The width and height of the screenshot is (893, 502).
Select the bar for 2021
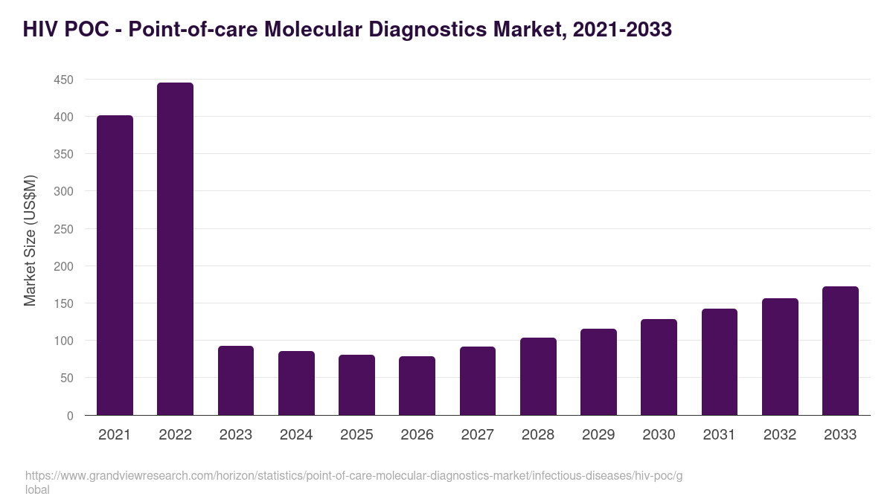(x=115, y=266)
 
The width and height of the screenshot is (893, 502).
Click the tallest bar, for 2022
(x=175, y=249)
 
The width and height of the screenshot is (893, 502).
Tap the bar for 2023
(x=236, y=381)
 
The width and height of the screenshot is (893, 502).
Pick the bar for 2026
(x=417, y=386)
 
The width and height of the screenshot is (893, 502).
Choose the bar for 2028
(x=538, y=376)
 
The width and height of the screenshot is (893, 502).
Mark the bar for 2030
(x=659, y=367)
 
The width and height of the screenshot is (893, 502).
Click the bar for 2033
(x=840, y=351)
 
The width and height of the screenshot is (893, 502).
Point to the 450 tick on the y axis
(x=64, y=80)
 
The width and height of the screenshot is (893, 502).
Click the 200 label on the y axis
(x=64, y=266)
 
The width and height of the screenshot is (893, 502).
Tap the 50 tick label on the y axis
(x=67, y=379)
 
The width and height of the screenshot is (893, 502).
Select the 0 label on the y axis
(x=70, y=416)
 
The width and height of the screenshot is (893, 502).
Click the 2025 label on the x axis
(x=356, y=435)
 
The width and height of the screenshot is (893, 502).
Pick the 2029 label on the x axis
(x=598, y=435)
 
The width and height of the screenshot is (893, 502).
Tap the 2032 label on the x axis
(x=780, y=435)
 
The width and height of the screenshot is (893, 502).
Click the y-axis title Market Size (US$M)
(x=30, y=239)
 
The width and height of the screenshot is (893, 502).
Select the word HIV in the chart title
(x=39, y=29)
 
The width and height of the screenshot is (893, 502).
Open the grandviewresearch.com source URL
(x=353, y=476)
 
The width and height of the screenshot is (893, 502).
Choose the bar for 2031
(x=719, y=362)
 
